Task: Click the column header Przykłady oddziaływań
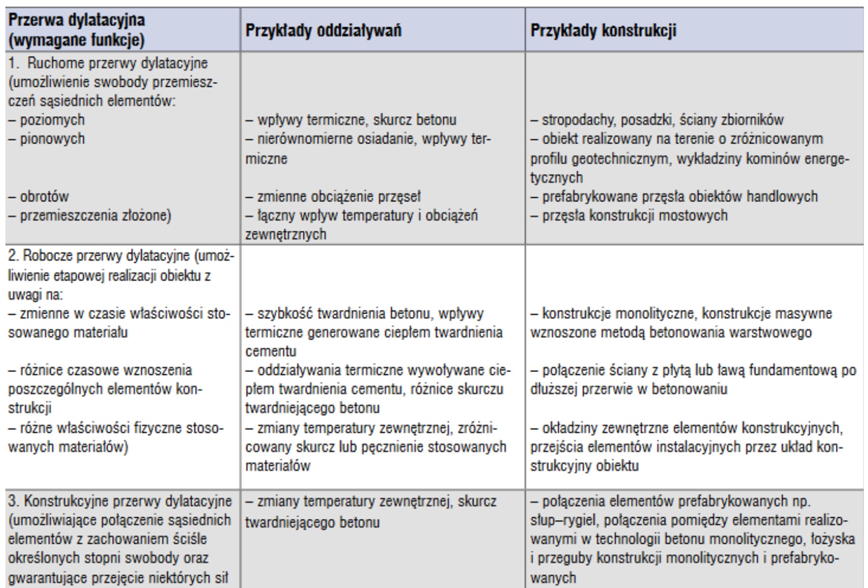[x=323, y=30]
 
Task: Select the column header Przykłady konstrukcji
[x=603, y=30]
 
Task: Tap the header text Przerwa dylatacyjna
[x=76, y=20]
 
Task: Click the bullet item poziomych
[x=52, y=120]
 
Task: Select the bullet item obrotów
[x=44, y=197]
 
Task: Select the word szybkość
[x=280, y=314]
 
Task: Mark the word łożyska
[x=833, y=539]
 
